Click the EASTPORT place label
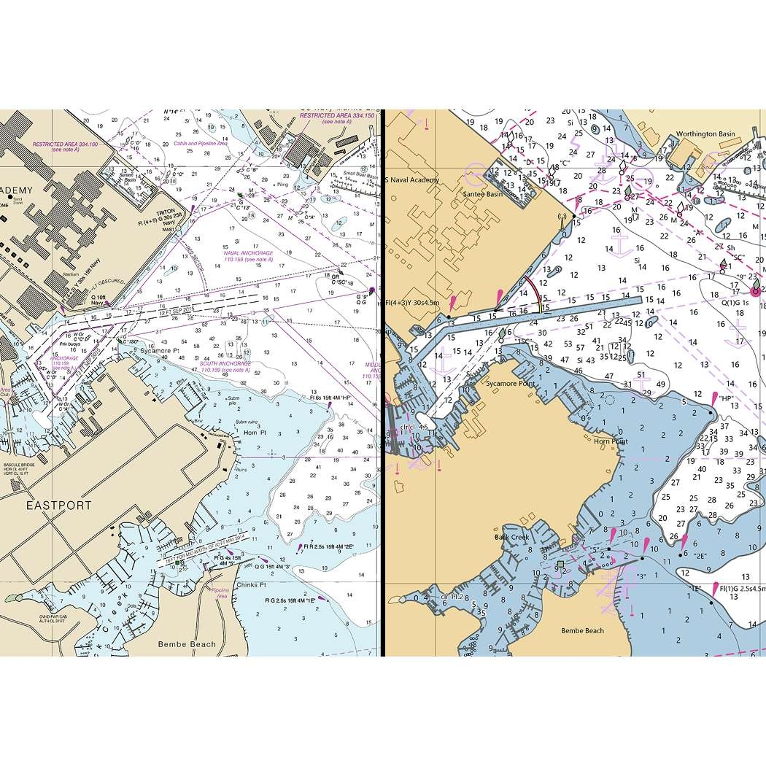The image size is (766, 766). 60,505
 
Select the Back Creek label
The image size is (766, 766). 511,537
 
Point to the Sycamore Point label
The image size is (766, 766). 511,383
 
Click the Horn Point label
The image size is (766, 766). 611,441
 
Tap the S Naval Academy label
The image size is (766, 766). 412,179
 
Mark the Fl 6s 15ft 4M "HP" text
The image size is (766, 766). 330,397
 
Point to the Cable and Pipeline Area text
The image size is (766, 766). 201,144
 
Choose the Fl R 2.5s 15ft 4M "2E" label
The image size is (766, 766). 329,546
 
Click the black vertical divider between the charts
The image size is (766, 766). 382,383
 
